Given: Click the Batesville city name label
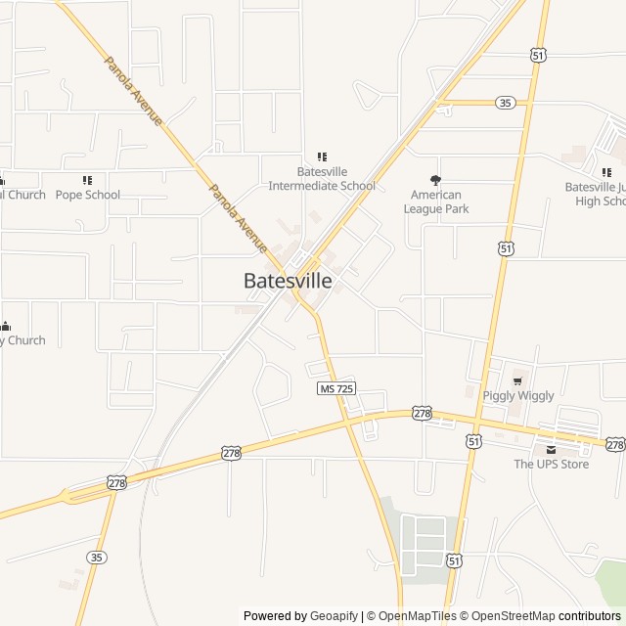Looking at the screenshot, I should (x=288, y=281).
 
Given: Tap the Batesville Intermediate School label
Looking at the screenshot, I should (x=322, y=179).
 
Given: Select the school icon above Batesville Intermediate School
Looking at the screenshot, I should (x=322, y=156).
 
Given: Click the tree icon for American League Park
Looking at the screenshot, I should (x=436, y=180).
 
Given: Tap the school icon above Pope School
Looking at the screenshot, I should (x=87, y=180).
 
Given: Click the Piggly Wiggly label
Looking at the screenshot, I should (x=518, y=396).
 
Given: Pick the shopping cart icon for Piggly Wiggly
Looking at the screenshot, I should (x=518, y=380).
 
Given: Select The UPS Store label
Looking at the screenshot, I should (x=552, y=465).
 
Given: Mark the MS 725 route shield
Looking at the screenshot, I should (x=337, y=388).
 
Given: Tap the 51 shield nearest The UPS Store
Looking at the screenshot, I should (x=473, y=442).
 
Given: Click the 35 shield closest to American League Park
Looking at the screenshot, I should (x=505, y=103).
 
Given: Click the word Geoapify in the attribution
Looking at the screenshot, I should (x=334, y=616).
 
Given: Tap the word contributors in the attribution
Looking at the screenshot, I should (x=590, y=616).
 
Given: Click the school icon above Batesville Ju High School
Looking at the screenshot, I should (x=606, y=172).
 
